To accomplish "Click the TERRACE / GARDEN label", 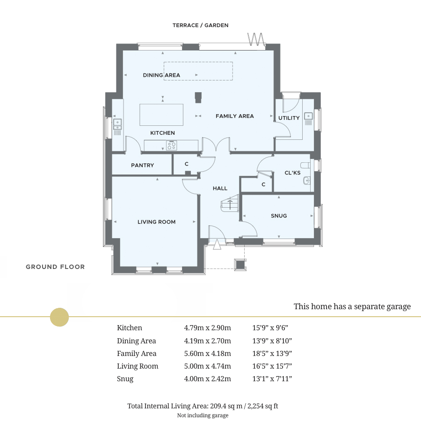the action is (200, 25).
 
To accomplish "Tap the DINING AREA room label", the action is (161, 75).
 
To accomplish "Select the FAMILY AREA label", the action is (235, 116).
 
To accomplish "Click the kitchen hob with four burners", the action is (171, 145).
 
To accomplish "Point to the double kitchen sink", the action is (117, 124).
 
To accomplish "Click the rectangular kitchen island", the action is (161, 115).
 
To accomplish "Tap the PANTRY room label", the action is (142, 166).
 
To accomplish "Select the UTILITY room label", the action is (289, 118).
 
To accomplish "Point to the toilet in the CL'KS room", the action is (305, 165).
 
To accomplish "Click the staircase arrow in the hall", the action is (230, 204).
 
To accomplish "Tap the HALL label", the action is (220, 189).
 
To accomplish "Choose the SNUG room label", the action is (279, 216).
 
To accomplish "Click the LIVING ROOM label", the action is (157, 222).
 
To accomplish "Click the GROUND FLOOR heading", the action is (55, 267).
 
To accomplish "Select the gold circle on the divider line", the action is (59, 317).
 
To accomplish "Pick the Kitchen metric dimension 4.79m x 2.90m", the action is (207, 328).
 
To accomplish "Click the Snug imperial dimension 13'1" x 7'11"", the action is (272, 379).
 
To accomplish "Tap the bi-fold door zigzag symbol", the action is (255, 39).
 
